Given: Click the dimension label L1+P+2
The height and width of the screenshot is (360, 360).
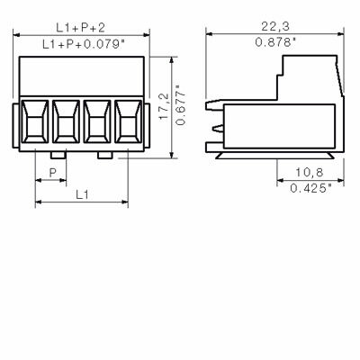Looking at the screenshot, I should pos(80,28).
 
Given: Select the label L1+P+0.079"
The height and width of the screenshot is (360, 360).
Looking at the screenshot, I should pos(80,43).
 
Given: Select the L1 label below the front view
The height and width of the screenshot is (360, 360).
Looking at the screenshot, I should pos(80,193).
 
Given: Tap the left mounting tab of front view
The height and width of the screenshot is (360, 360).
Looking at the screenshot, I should pos(16,126).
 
